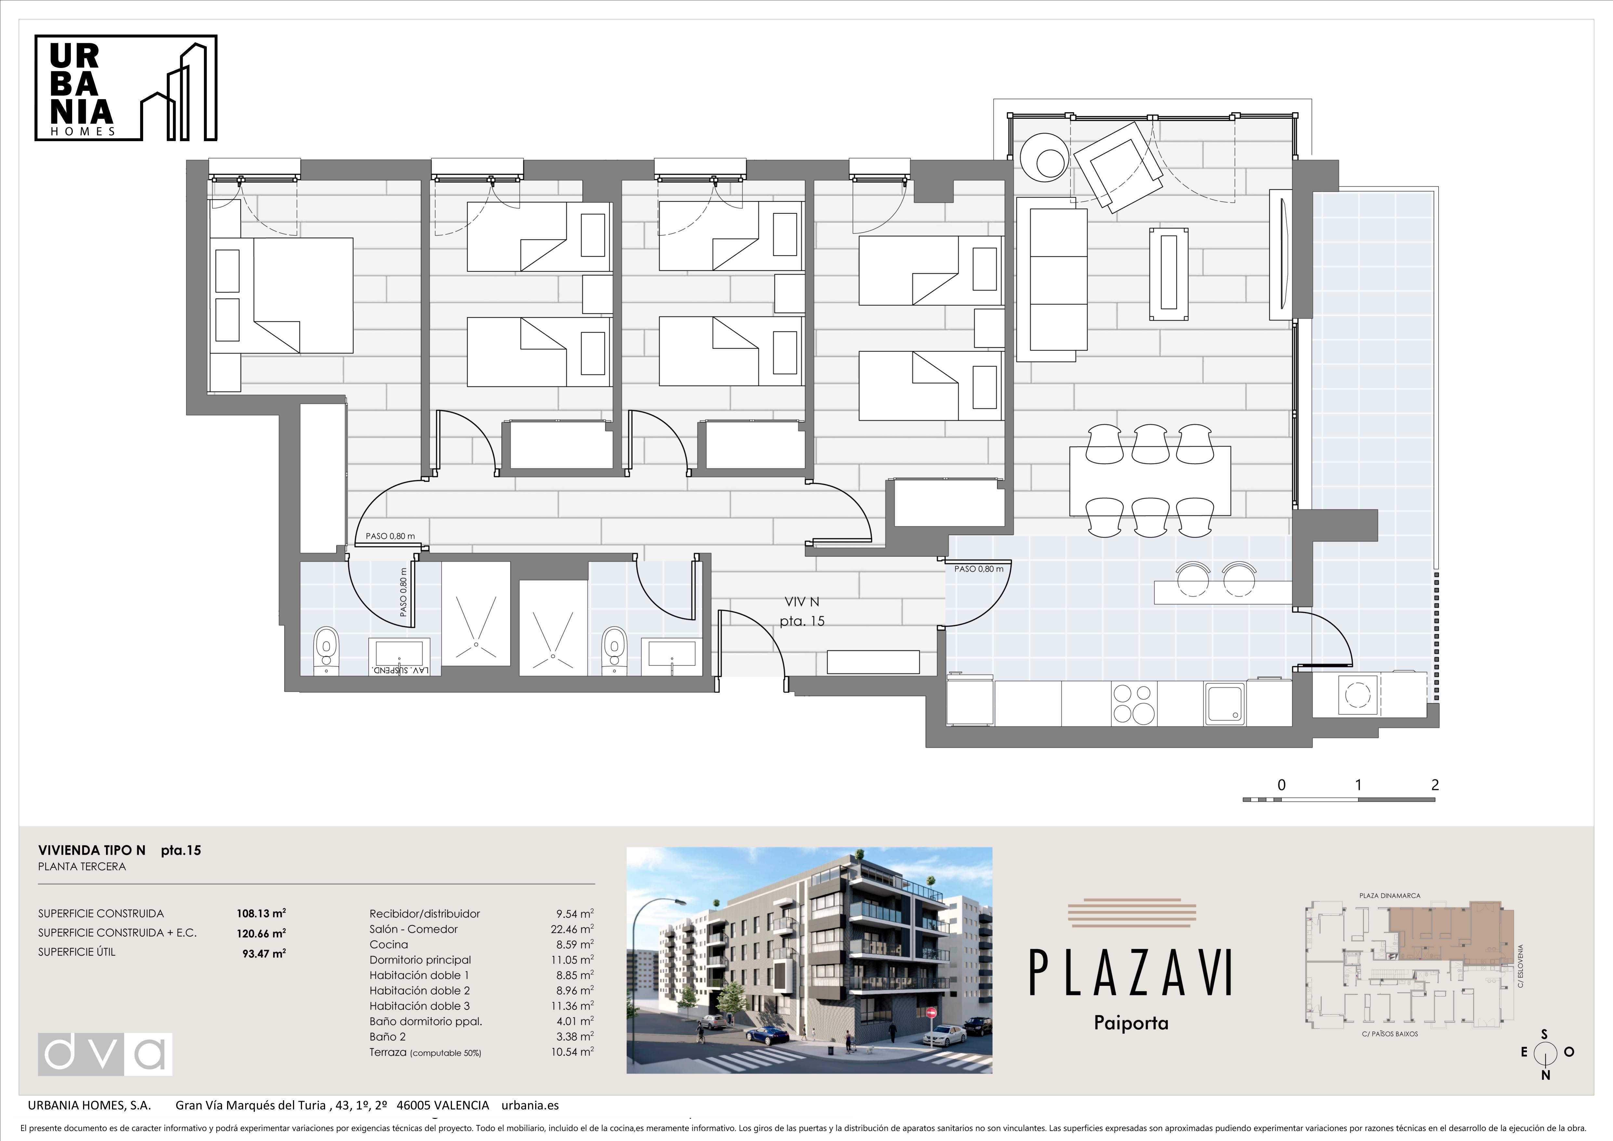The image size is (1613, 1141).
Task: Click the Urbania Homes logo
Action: tap(126, 88)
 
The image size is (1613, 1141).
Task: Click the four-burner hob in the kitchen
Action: tap(1133, 703)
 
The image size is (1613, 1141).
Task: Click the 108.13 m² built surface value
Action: tap(261, 913)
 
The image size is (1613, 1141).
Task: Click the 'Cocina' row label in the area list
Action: tap(389, 944)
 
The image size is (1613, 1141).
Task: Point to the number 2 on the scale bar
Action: tap(1435, 785)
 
